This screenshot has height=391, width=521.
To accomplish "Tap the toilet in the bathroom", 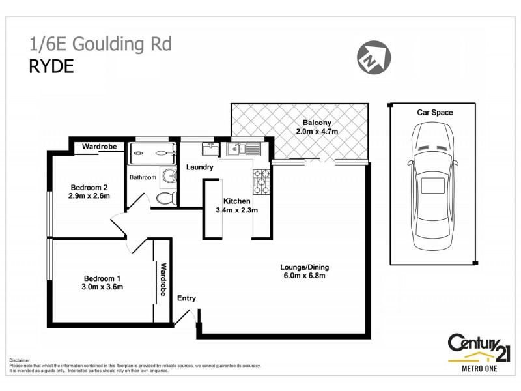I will (167, 197).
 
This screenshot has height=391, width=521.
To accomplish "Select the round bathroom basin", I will (169, 175).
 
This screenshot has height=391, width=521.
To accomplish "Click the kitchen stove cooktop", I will (262, 182).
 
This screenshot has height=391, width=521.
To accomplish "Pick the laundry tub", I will (210, 150).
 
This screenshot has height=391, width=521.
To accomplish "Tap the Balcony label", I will (317, 123).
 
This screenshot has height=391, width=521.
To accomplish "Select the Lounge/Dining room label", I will (304, 267).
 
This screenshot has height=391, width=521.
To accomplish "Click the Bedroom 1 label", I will (102, 277).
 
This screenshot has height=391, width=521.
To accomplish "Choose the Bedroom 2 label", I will (89, 187).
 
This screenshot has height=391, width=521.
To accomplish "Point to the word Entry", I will (186, 298).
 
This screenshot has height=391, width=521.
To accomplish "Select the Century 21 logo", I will (479, 352).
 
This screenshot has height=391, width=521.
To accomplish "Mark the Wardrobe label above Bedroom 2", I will (99, 147).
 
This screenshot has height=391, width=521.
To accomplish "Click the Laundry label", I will (199, 167).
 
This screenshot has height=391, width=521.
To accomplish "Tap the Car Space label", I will (434, 113).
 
